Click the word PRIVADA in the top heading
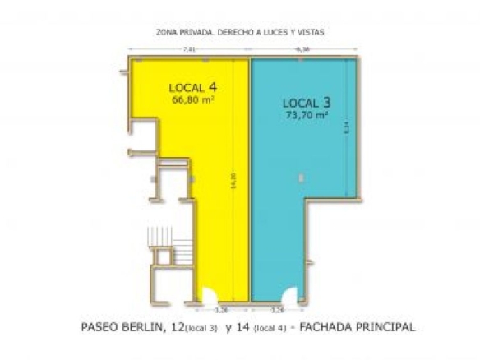194,33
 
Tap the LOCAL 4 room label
193,86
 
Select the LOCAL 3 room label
307,103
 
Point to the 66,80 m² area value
192,99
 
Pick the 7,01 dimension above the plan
189,49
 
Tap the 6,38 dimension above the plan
302,49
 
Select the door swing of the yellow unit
209,295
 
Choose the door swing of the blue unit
288,295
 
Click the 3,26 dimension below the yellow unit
220,311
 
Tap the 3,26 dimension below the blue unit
277,311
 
